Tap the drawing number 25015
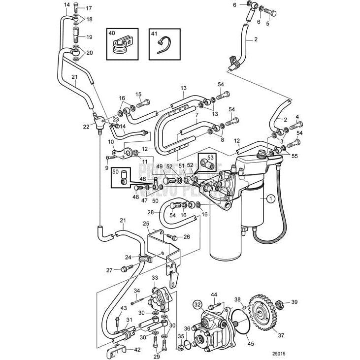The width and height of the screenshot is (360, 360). point(278,353)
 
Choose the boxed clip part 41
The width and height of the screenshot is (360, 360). point(164,45)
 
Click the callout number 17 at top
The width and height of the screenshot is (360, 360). point(89,8)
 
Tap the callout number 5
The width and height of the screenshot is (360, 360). point(268,23)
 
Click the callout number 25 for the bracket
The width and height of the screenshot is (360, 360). point(146,224)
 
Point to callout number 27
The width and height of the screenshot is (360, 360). point(109,269)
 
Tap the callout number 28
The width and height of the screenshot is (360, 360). point(151,213)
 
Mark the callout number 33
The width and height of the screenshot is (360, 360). point(154,278)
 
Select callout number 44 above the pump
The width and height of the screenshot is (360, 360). point(214,295)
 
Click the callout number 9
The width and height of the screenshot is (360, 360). point(106,167)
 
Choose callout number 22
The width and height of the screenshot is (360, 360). point(86,127)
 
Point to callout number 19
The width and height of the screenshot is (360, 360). point(89,37)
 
